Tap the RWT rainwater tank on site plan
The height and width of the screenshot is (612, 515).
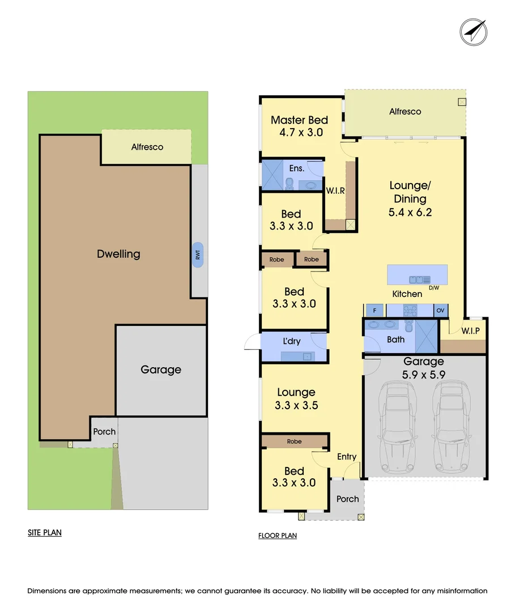coord(198,256)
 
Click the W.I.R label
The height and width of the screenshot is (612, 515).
coord(335,191)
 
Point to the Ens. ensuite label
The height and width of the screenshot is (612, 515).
coord(297,168)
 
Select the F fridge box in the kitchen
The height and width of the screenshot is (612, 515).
coord(374,311)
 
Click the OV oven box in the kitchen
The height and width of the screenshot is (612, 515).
coord(441,311)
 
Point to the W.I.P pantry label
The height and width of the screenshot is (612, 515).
coord(471,330)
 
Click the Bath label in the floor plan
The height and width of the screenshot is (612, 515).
coord(395,339)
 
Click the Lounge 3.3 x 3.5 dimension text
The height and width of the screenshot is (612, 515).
coord(296,405)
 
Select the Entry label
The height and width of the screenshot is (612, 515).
coord(347,457)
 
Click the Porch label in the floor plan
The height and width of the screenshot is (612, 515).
coord(347,499)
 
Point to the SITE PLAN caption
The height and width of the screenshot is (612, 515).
coord(45,533)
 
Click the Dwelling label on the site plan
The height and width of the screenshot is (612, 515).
coord(118,254)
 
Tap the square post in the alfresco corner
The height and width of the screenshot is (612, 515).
coord(462,102)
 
